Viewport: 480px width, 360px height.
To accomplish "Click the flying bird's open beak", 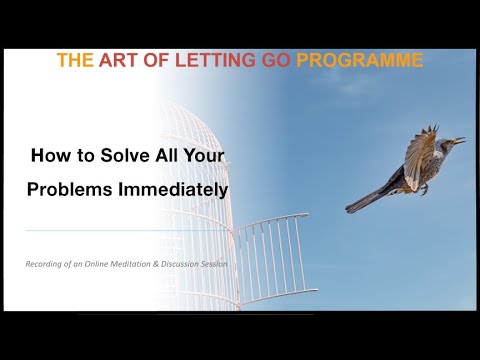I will (460, 141).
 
